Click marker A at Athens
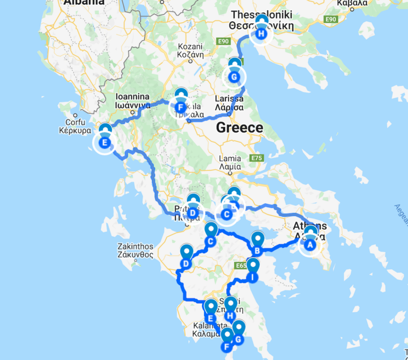[310, 245]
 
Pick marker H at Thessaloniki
[261, 33]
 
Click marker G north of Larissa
[234, 77]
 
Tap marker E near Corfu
[105, 142]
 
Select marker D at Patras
[193, 213]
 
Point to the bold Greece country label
[239, 127]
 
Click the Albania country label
[83, 3]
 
